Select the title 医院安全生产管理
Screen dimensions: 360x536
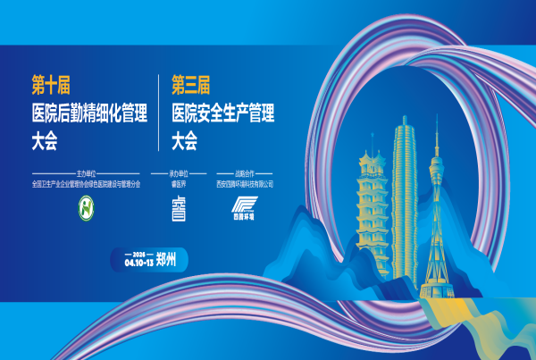pos(222,113)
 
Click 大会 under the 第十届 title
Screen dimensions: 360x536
pos(44,141)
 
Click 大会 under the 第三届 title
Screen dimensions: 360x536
pos(184,141)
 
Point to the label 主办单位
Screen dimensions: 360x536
pos(86,174)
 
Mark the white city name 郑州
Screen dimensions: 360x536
pos(167,260)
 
